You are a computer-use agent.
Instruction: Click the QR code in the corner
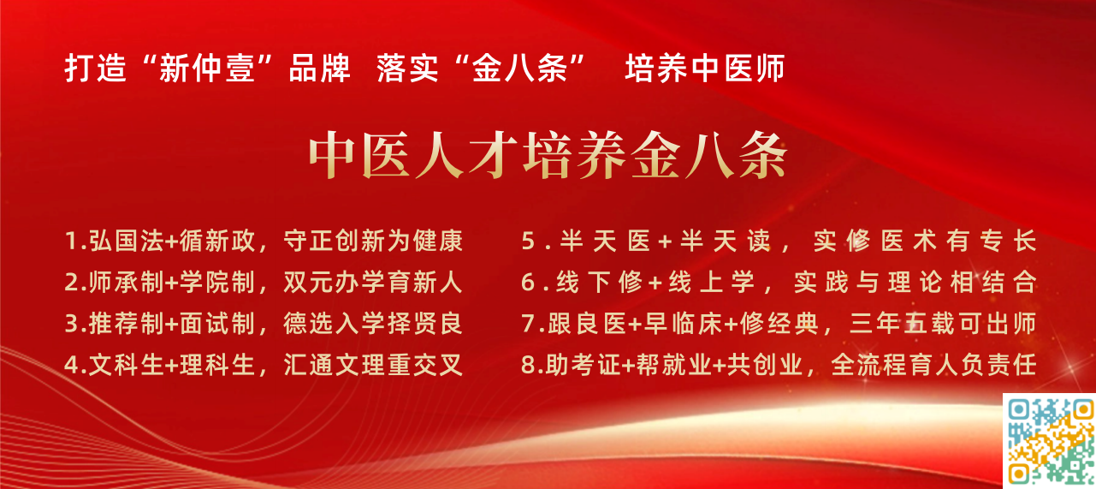[x=1049, y=441]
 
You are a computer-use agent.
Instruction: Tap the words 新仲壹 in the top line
[x=207, y=69]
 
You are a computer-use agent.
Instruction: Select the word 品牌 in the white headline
[x=319, y=69]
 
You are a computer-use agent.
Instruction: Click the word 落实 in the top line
[x=407, y=69]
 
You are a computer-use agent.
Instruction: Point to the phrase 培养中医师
[x=705, y=69]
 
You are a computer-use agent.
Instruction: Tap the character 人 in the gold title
[x=440, y=155]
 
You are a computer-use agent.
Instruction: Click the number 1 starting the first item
[x=71, y=241]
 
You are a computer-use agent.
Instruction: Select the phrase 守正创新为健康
[x=373, y=241]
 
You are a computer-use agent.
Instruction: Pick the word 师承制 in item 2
[x=126, y=283]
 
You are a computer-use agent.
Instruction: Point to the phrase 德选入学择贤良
[x=373, y=324]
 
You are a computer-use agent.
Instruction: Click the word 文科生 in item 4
[x=126, y=365]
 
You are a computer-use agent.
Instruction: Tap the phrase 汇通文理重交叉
[x=373, y=365]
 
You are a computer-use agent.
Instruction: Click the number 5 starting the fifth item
[x=529, y=241]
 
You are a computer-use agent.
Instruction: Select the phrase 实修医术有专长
[x=925, y=241]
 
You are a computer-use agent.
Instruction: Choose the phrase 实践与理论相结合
[x=915, y=283]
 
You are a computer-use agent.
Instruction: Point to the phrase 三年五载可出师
[x=944, y=324]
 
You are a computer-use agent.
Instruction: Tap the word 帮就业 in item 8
[x=674, y=365]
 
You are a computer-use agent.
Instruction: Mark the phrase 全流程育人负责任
[x=933, y=365]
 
